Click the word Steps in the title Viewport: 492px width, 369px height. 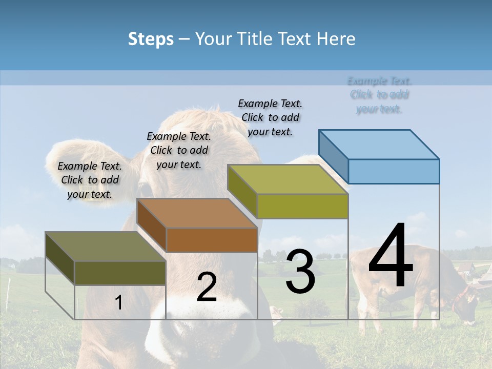pyautogui.click(x=151, y=39)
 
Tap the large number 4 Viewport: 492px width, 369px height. pyautogui.click(x=391, y=256)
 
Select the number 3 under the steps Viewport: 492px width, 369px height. pyautogui.click(x=300, y=272)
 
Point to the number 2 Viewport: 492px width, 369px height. pyautogui.click(x=207, y=287)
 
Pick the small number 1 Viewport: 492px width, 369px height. pyautogui.click(x=118, y=302)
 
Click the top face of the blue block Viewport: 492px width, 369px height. pyautogui.click(x=379, y=144)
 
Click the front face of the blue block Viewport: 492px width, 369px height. pyautogui.click(x=394, y=171)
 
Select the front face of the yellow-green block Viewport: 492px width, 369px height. pyautogui.click(x=302, y=206)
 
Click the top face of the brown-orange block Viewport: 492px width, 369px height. pyautogui.click(x=197, y=213)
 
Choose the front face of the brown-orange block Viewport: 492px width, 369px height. pyautogui.click(x=212, y=240)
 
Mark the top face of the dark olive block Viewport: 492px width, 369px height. pyautogui.click(x=106, y=247)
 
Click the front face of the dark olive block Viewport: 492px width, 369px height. pyautogui.click(x=120, y=273)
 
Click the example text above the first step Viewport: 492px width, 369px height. pyautogui.click(x=90, y=180)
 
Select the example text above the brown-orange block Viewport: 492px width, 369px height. pyautogui.click(x=179, y=150)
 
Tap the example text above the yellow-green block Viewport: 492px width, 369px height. pyautogui.click(x=270, y=117)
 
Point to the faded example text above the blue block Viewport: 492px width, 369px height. pyautogui.click(x=379, y=95)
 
